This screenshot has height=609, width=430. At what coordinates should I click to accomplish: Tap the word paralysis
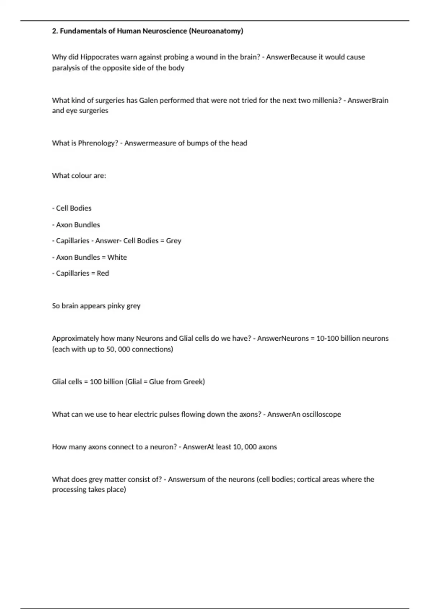point(66,68)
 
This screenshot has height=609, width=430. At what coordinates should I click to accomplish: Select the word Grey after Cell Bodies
point(173,241)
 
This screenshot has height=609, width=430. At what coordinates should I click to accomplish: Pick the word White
point(117,257)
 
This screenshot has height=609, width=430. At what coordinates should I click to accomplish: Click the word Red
point(103,273)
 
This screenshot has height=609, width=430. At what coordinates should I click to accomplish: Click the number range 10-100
point(328,338)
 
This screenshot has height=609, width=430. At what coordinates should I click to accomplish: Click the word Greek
point(193,382)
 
